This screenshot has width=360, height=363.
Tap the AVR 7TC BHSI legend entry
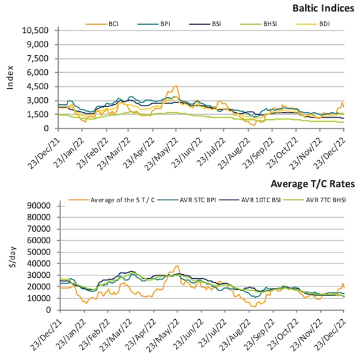tap(322, 200)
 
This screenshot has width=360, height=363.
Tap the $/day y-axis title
tap(10, 257)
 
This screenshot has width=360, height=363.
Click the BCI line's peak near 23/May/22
tap(176, 86)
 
